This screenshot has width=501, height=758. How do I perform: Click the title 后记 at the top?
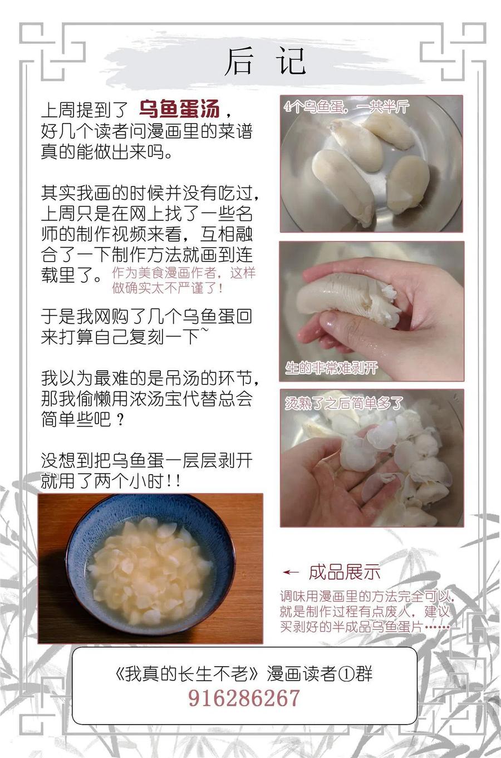(x=266, y=62)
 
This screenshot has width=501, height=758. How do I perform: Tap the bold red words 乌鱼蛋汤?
(x=180, y=109)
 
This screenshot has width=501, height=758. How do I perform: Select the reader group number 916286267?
(x=244, y=697)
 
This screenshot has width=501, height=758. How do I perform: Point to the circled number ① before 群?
(x=346, y=673)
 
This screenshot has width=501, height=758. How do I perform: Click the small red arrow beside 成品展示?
(x=291, y=572)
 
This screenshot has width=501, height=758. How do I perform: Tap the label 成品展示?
(x=345, y=572)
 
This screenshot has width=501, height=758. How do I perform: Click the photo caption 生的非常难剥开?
(x=331, y=368)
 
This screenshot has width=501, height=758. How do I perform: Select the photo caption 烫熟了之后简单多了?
(x=344, y=403)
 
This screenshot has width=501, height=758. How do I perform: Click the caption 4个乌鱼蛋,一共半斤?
(x=347, y=107)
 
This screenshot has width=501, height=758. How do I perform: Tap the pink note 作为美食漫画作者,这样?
(x=184, y=273)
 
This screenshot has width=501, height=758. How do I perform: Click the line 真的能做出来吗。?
(x=107, y=152)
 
